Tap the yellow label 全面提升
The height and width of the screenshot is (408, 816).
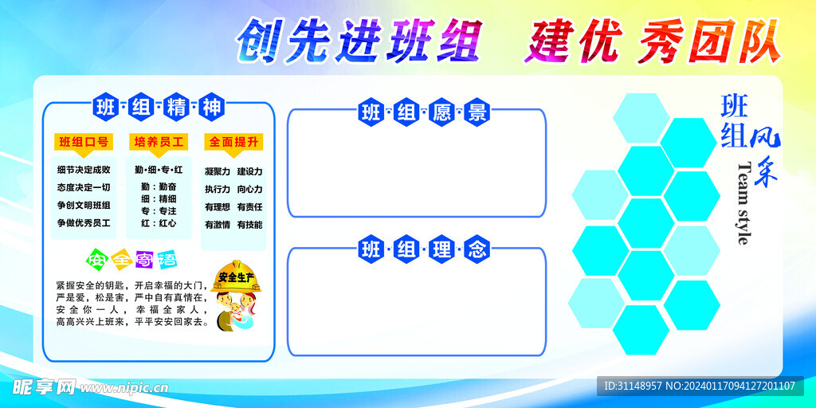(233, 142)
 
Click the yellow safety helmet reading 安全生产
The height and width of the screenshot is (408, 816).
(236, 277)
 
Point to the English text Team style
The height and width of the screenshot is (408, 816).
(745, 203)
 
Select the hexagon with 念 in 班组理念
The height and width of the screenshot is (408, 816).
(477, 250)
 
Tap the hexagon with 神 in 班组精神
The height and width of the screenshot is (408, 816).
(212, 108)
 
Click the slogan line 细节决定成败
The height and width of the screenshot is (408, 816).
(84, 170)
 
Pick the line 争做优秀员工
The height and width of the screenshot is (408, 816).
(84, 223)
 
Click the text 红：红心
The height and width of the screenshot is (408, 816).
(159, 223)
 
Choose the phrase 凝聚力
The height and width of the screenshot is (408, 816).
(218, 171)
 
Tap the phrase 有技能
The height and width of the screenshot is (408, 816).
(249, 225)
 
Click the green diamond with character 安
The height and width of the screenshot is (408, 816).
(96, 258)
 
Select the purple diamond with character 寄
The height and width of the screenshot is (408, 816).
(143, 259)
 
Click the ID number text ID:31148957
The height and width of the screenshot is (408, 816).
(633, 386)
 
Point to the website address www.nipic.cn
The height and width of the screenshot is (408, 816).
(124, 388)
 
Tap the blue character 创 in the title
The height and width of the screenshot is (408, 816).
(258, 41)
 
